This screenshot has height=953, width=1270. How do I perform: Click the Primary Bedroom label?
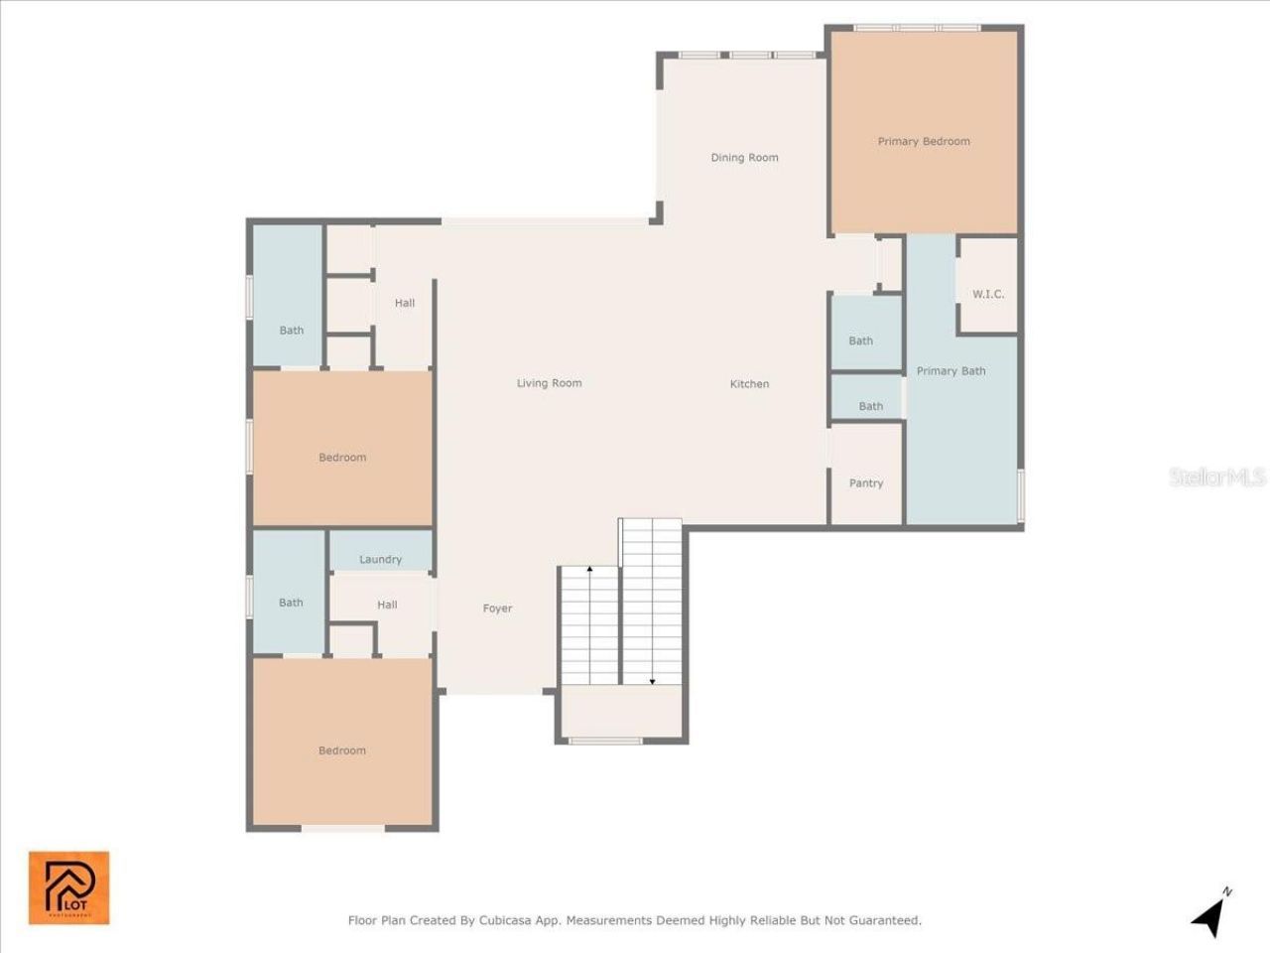[924, 142]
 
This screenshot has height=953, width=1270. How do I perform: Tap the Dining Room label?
[744, 158]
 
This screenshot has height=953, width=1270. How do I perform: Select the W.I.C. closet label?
[988, 295]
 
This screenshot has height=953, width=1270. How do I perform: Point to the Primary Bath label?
[951, 371]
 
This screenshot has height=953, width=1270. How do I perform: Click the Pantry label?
[866, 483]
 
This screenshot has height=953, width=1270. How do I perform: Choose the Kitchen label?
[749, 384]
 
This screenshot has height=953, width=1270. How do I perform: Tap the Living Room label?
[549, 383]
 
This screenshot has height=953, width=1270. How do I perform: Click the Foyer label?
[497, 609]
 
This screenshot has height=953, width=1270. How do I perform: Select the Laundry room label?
[380, 560]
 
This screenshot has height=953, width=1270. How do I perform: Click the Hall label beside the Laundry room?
[387, 605]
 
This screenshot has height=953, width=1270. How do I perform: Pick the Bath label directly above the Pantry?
[871, 406]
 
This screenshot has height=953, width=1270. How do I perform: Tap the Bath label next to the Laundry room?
[291, 603]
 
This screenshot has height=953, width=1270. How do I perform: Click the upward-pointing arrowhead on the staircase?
[589, 570]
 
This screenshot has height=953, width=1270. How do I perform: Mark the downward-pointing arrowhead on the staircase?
[652, 681]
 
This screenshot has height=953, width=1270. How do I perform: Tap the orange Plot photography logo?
[68, 887]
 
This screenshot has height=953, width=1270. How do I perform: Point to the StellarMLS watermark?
[1216, 477]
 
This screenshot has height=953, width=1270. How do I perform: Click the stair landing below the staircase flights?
[621, 711]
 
